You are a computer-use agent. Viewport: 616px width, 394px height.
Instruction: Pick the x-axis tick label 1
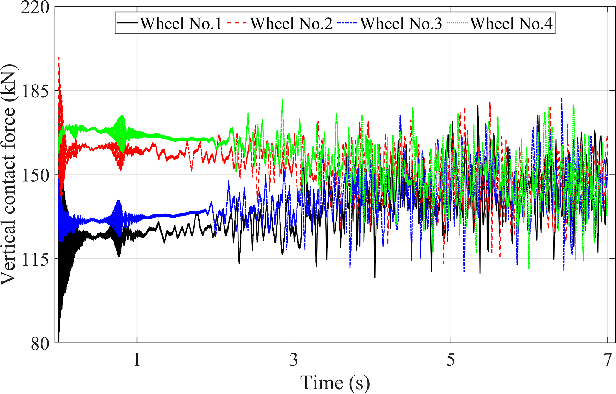(x=137, y=360)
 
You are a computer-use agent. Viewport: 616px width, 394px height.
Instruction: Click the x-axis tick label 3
(x=294, y=360)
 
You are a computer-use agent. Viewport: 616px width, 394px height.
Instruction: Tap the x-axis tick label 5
(x=451, y=360)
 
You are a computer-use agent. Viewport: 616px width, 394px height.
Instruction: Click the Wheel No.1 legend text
(x=181, y=23)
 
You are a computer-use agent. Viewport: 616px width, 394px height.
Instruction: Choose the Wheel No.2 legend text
(x=291, y=23)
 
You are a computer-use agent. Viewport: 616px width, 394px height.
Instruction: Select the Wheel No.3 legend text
(x=401, y=23)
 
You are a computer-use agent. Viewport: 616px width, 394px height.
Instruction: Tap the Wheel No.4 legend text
(x=511, y=23)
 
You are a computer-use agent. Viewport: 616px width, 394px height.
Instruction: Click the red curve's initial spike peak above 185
(x=59, y=57)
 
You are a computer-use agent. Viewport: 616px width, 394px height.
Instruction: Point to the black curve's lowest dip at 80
(x=59, y=341)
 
